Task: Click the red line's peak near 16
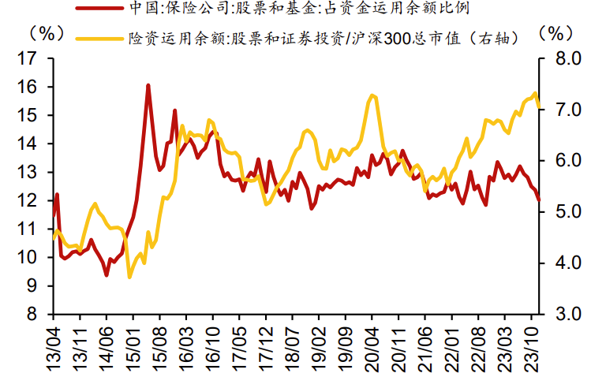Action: (148, 85)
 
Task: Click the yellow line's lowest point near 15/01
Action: (129, 277)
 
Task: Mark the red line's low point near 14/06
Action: (107, 274)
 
